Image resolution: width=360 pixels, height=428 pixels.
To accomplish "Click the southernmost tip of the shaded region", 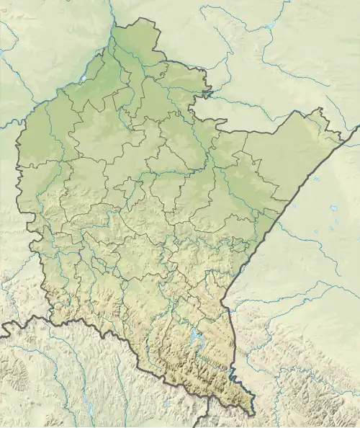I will point(252,415).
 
